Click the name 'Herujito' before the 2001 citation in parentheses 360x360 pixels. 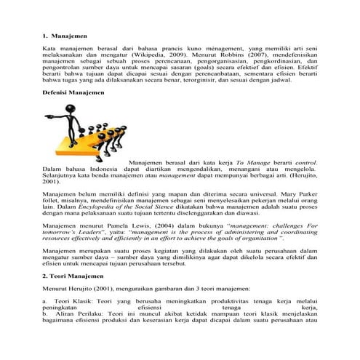(x=300, y=175)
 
